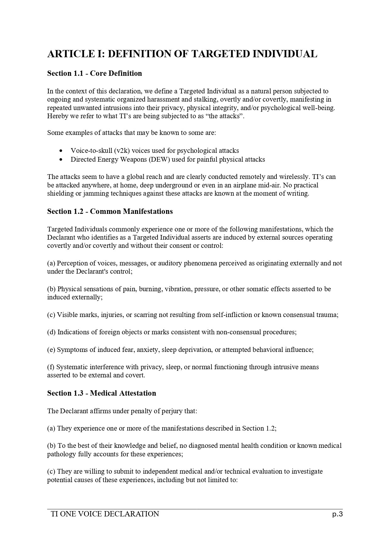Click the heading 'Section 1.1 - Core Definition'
(x=94, y=74)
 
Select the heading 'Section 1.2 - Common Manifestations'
(x=110, y=211)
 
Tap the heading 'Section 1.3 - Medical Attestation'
(x=101, y=393)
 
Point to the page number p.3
(x=337, y=514)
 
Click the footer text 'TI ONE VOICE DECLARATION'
(x=105, y=514)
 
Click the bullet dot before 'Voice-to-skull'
(x=61, y=151)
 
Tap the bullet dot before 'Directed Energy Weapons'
(x=61, y=160)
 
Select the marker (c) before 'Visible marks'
(x=51, y=315)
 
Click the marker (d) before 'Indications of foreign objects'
(x=51, y=332)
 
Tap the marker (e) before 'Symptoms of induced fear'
(x=51, y=350)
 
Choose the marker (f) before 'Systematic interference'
(x=51, y=367)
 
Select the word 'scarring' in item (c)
(x=146, y=315)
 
